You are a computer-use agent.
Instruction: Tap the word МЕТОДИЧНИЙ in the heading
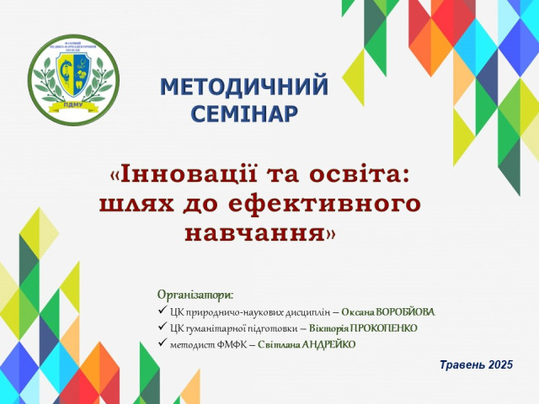click(x=243, y=87)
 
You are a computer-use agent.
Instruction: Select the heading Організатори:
click(x=195, y=295)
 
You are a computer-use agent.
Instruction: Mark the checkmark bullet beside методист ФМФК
click(x=162, y=343)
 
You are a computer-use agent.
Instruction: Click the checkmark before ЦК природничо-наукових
click(x=162, y=311)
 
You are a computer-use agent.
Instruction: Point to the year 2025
click(x=500, y=364)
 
